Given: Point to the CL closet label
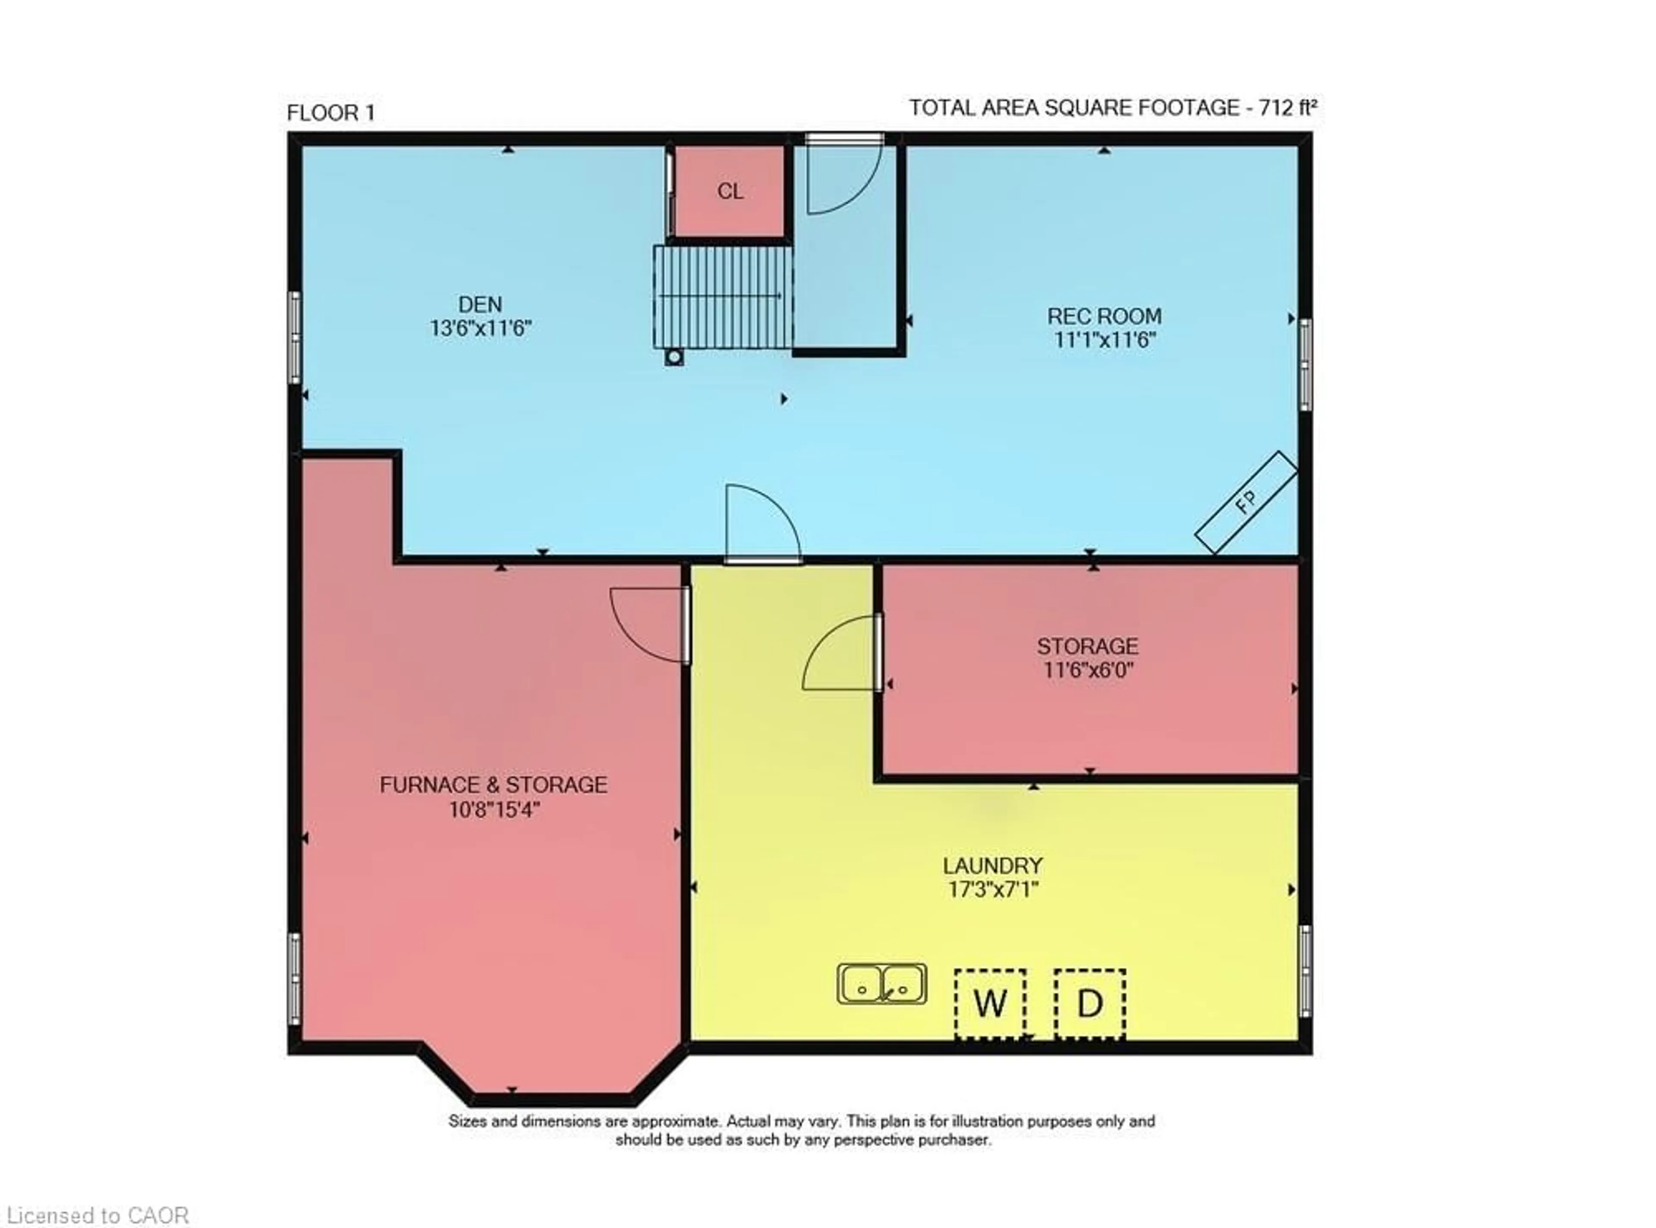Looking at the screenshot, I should [x=730, y=192].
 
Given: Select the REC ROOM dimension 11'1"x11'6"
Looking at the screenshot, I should [x=1104, y=340].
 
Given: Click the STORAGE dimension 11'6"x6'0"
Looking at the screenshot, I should [x=1088, y=670].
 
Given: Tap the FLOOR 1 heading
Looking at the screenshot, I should [x=331, y=113].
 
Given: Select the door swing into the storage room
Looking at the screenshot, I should [x=840, y=654].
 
